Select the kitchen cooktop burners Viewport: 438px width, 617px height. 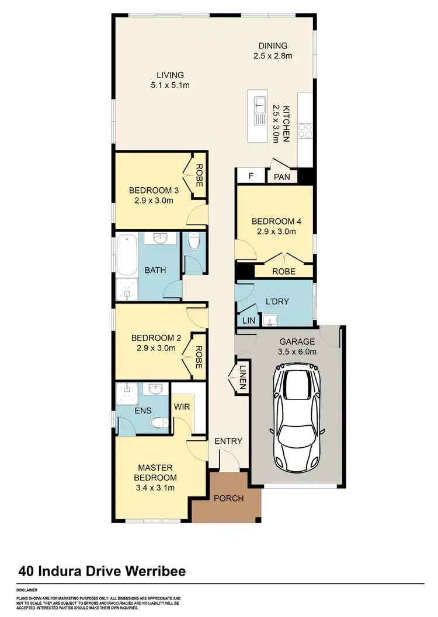pyautogui.click(x=305, y=129)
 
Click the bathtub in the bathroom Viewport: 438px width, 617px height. pyautogui.click(x=126, y=255)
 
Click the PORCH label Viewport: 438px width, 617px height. pyautogui.click(x=228, y=498)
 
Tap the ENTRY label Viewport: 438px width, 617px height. pyautogui.click(x=228, y=441)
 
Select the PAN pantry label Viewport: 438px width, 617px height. pyautogui.click(x=282, y=176)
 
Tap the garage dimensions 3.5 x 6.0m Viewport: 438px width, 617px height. pyautogui.click(x=297, y=351)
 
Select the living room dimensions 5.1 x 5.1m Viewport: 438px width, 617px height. pyautogui.click(x=169, y=85)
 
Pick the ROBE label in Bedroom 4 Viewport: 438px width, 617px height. pyautogui.click(x=284, y=271)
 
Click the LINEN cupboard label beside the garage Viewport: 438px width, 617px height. pyautogui.click(x=242, y=377)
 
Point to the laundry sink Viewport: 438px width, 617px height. pyautogui.click(x=270, y=320)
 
